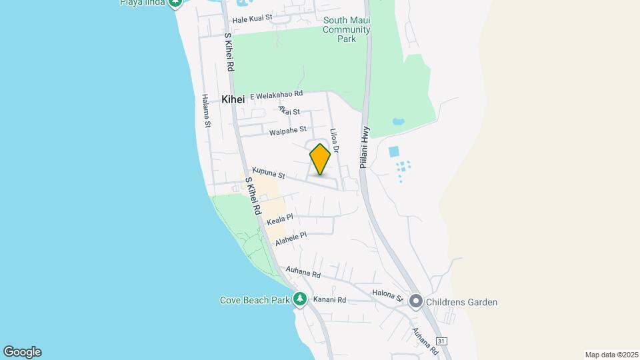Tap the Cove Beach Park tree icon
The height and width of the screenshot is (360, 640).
[301, 299]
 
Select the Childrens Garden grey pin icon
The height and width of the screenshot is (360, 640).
[417, 302]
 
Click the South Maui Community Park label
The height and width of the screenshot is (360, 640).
[347, 30]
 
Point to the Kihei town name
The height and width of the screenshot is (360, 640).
[233, 99]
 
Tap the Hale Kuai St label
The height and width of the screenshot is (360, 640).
[252, 18]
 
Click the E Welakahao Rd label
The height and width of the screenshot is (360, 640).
[277, 95]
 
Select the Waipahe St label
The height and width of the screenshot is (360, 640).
[288, 131]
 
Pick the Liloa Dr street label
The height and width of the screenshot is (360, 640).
[335, 141]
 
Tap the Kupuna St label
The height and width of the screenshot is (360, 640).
[268, 173]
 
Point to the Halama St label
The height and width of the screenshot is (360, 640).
[207, 110]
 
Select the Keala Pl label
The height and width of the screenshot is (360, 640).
[280, 219]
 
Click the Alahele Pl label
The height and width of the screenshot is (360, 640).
[291, 239]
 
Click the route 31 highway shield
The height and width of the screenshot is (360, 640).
[442, 341]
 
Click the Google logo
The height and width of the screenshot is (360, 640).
[22, 352]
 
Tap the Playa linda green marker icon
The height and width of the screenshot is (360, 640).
[175, 3]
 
